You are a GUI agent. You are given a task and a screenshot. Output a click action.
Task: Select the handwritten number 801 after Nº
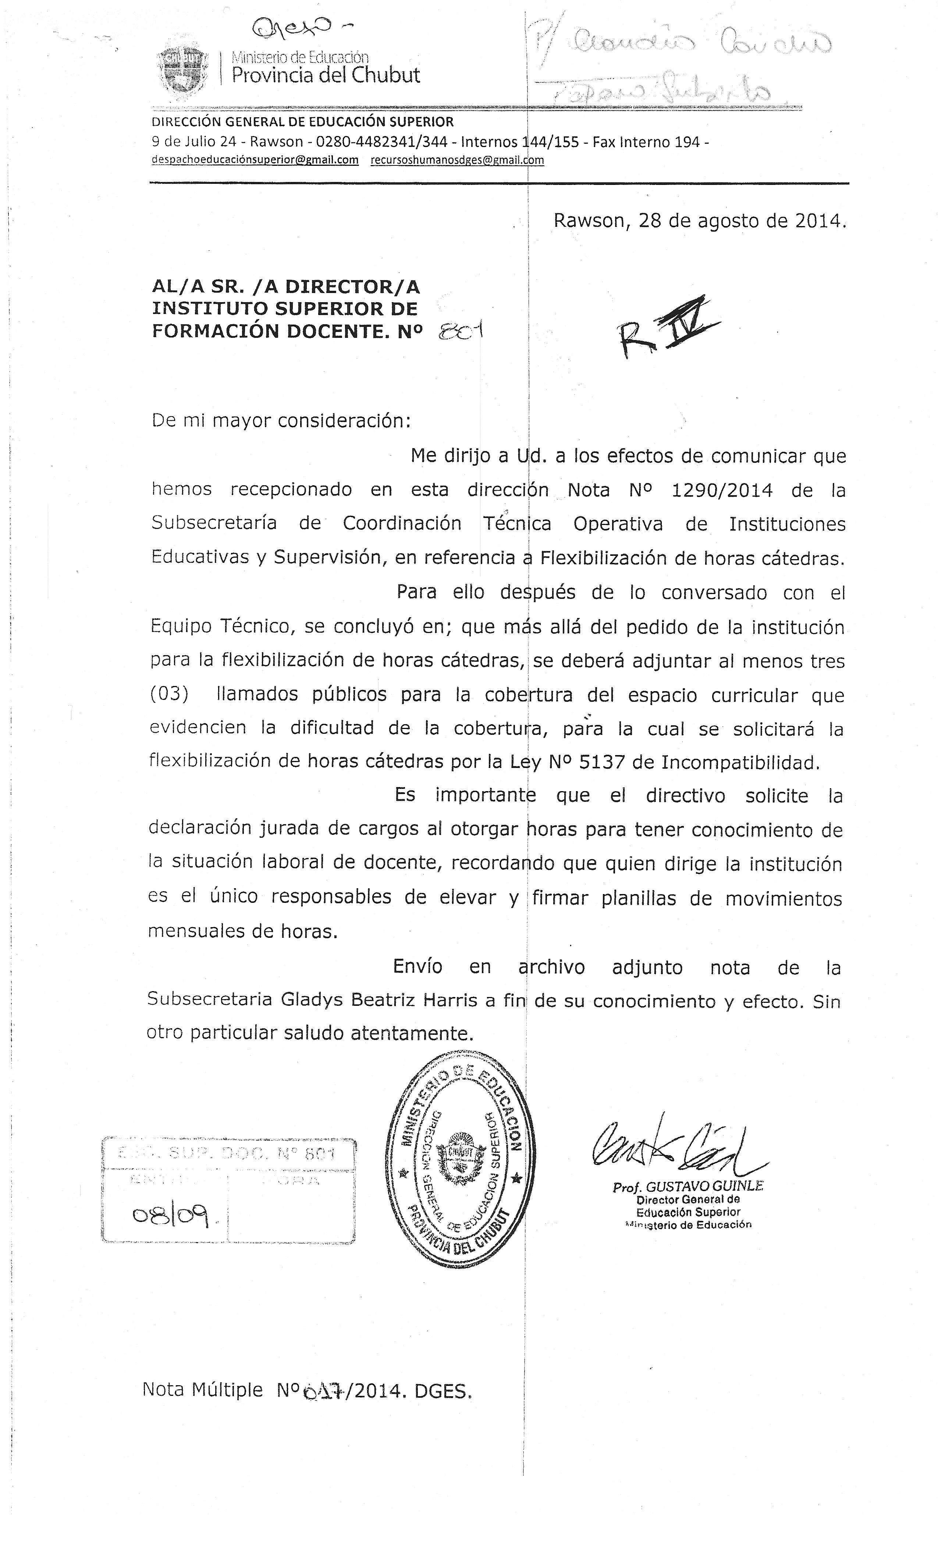tap(462, 331)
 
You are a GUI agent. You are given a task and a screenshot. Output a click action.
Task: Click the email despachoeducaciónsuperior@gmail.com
tap(255, 160)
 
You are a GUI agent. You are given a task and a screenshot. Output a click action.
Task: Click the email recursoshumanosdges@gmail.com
tap(457, 160)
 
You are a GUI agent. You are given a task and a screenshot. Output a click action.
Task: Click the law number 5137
tap(603, 762)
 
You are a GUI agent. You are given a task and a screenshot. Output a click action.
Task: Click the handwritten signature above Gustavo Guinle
tap(674, 1147)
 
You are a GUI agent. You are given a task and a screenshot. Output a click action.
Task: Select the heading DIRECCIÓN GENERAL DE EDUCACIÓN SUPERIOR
tap(303, 122)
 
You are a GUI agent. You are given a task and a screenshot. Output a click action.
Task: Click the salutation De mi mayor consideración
tap(281, 420)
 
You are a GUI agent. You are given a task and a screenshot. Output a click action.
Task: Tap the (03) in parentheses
tap(169, 694)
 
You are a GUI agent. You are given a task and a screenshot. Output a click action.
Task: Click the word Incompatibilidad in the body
tap(740, 762)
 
